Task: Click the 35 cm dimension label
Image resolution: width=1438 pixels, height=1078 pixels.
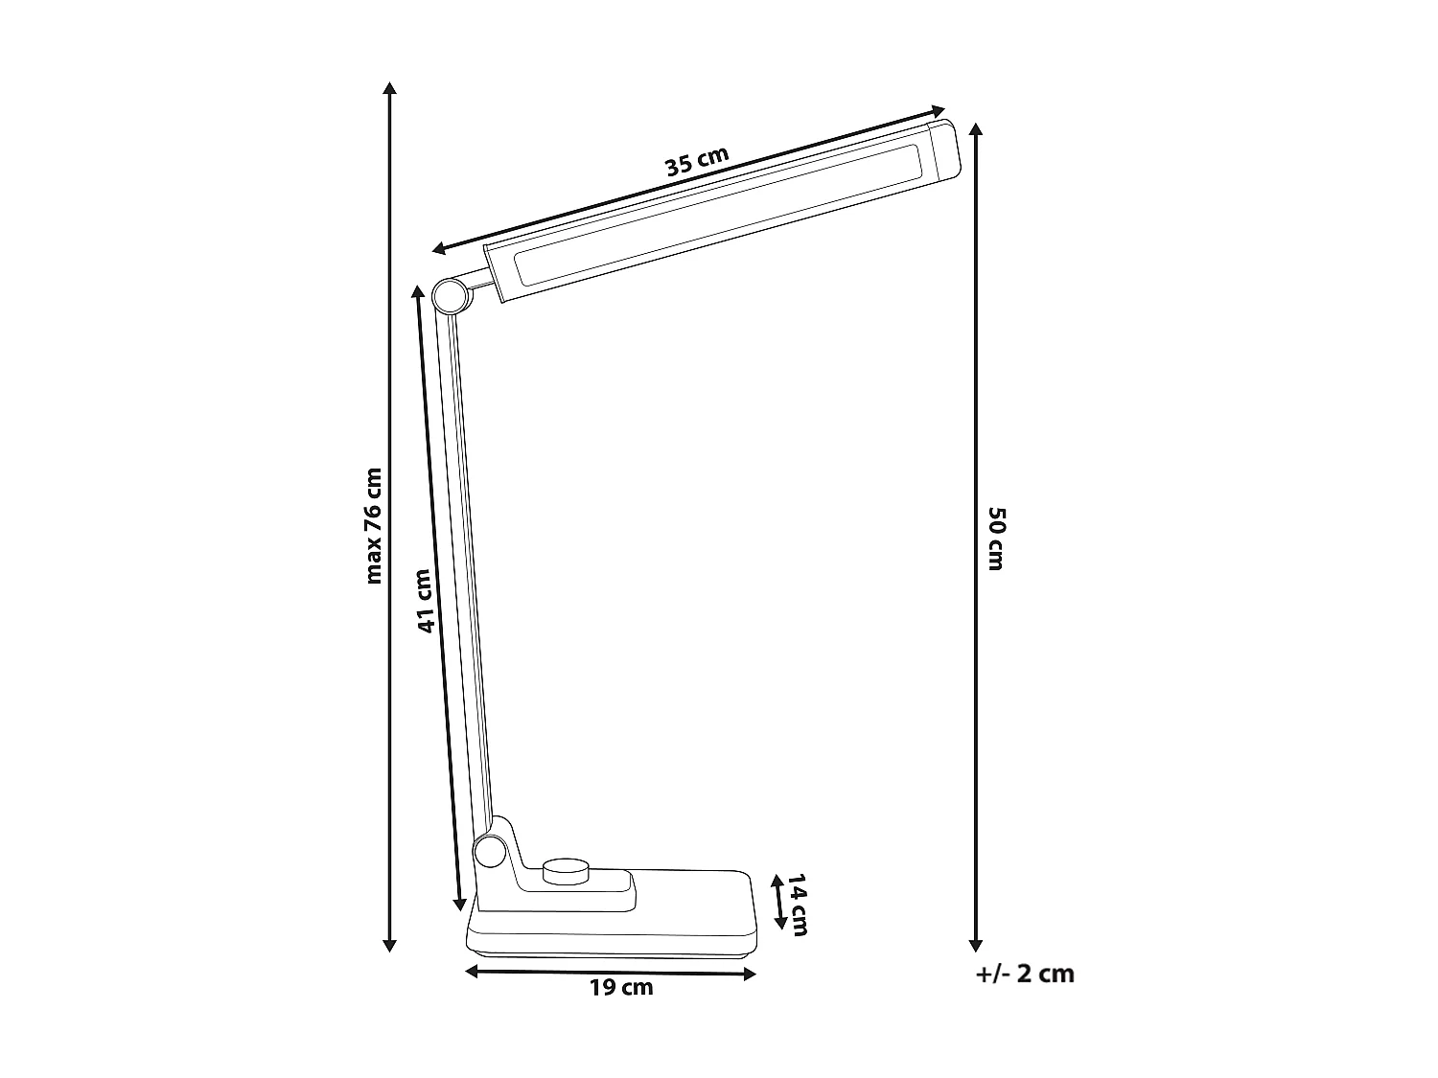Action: [697, 162]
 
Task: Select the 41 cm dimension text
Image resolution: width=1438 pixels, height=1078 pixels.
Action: [425, 601]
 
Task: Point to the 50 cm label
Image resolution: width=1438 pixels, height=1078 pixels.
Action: [995, 539]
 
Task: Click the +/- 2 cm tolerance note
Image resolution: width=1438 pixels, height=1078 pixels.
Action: [1025, 974]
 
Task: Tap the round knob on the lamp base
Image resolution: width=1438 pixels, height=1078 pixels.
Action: [566, 871]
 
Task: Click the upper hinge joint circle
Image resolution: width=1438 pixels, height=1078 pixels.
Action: [449, 297]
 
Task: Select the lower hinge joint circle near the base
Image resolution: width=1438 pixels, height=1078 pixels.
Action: [489, 850]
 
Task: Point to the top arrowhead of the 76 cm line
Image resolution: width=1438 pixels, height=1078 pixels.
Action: [389, 88]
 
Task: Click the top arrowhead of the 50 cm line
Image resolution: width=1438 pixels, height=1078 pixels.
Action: [976, 129]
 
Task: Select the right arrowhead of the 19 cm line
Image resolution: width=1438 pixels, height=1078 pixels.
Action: [751, 975]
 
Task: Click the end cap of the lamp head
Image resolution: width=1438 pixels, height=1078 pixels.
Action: [942, 151]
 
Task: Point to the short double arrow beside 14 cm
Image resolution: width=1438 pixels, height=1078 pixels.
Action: [778, 903]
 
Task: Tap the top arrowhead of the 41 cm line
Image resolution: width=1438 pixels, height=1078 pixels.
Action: [417, 290]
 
